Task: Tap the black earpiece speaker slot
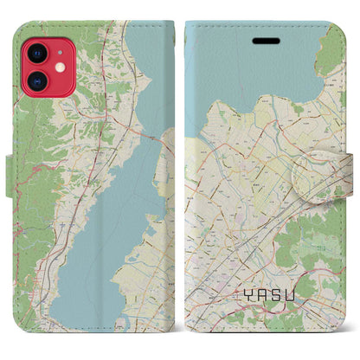point(261,41)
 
